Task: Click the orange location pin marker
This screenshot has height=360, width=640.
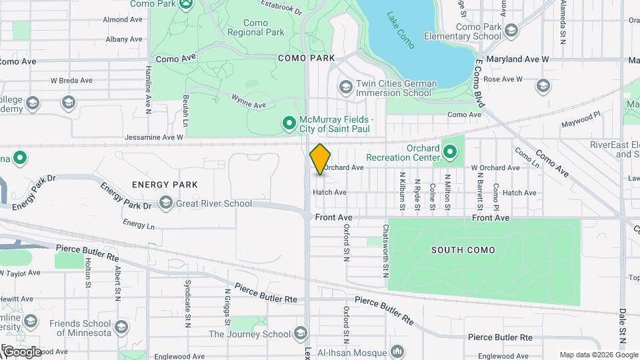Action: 320,159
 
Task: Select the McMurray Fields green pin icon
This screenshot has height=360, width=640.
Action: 289,123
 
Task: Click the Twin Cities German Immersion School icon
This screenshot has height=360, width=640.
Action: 345,87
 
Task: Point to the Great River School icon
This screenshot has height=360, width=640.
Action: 165,203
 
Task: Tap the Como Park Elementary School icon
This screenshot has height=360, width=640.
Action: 511,31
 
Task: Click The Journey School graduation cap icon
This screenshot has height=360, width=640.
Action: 300,334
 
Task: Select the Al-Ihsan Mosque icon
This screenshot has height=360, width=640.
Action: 397,351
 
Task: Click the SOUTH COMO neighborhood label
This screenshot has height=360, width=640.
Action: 463,250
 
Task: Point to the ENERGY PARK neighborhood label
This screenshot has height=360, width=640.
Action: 165,184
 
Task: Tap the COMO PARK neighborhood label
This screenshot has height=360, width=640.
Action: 307,59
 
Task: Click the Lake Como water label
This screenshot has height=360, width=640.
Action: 401,30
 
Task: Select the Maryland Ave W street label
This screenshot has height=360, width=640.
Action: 517,59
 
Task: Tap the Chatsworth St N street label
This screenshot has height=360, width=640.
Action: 385,250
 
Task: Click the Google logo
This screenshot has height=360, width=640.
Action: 22,352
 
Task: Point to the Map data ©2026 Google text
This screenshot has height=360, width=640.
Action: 589,355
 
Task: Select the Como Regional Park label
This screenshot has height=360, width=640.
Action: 255,27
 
